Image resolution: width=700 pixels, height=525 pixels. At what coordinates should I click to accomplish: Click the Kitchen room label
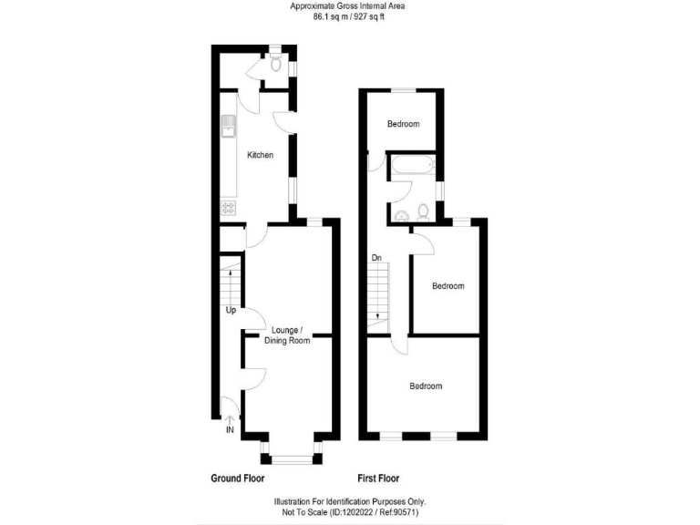click(260, 156)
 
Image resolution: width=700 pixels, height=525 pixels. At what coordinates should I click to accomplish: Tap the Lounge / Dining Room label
click(287, 335)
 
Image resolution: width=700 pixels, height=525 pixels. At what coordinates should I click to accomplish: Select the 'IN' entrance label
click(230, 428)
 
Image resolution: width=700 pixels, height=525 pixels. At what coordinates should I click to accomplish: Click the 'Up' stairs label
click(231, 311)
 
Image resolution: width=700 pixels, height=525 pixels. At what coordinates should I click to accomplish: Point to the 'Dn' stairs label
click(376, 258)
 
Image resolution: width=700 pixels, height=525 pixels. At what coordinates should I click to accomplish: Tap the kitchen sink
click(227, 125)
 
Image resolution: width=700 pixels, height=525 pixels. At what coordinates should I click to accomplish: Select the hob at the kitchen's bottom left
click(227, 208)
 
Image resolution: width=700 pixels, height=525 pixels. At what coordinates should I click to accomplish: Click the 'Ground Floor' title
click(238, 479)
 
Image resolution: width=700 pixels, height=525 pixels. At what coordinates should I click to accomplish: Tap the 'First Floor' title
click(377, 479)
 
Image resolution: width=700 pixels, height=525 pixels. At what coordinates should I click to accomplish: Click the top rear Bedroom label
click(403, 124)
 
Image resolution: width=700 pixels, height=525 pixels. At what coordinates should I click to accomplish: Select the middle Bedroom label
click(448, 286)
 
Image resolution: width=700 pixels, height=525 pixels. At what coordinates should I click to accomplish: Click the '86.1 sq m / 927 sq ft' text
click(349, 16)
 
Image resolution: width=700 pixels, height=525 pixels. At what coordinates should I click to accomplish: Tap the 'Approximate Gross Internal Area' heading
click(349, 6)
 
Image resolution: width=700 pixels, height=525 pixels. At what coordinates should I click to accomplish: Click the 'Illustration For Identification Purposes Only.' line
click(350, 501)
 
